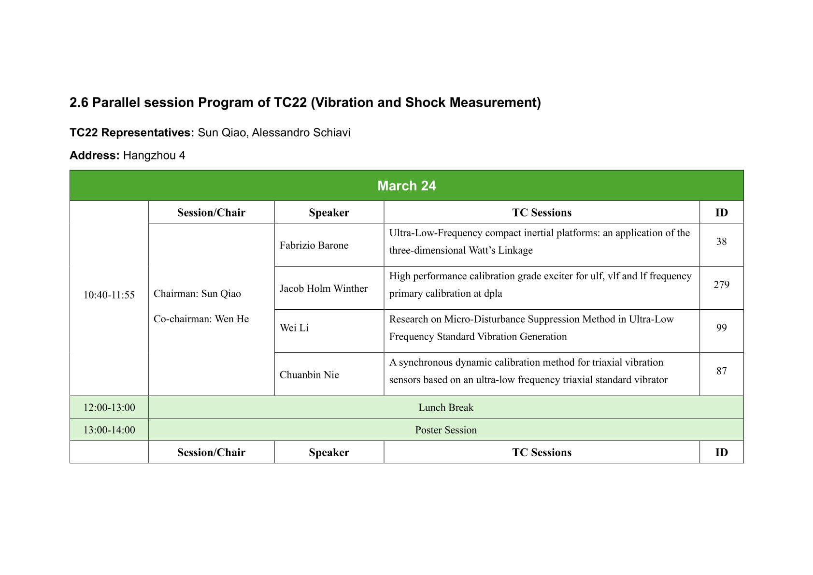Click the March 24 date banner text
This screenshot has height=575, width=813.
[407, 186]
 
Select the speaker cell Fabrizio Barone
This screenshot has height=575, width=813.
[314, 245]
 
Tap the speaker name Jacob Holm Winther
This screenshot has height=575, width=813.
[323, 288]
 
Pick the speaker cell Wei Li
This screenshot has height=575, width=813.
[294, 328]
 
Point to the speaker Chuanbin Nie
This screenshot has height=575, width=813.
[309, 374]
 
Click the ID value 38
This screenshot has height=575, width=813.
[721, 242]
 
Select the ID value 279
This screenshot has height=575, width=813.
[721, 284]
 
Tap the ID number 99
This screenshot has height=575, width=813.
[721, 328]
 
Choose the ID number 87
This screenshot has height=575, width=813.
[721, 371]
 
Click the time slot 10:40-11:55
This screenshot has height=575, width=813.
[109, 295]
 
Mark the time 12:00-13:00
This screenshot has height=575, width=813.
[109, 407]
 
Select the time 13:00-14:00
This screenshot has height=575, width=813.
[109, 430]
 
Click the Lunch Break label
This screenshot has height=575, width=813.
[446, 407]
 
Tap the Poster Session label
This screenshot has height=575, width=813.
[446, 430]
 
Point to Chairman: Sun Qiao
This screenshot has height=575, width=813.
[197, 293]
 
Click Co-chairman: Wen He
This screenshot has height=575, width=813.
[201, 319]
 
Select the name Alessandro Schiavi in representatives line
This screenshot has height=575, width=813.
[301, 132]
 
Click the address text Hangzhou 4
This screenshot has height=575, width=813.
[154, 156]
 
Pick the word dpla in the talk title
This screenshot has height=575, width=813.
[493, 293]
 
